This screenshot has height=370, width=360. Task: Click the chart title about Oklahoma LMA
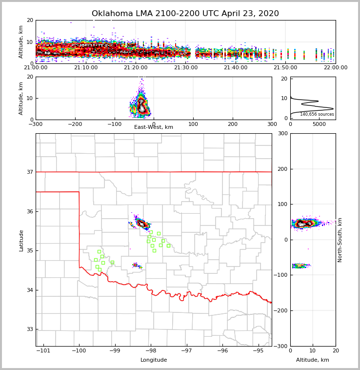[x=185, y=14]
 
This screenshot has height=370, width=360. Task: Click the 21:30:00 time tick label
[x=186, y=68]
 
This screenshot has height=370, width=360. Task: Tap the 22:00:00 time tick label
[x=336, y=68]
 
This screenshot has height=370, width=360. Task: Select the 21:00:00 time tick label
[x=36, y=68]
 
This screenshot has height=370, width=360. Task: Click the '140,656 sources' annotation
[x=317, y=114]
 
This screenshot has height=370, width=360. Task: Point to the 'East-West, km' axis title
[x=154, y=127]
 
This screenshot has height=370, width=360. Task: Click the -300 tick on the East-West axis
[x=36, y=124]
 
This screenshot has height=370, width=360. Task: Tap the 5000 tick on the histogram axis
[x=319, y=124]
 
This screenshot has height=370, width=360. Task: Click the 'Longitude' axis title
[x=154, y=360]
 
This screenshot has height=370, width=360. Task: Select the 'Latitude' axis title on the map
[x=21, y=240]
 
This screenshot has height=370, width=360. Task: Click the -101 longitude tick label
[x=43, y=351]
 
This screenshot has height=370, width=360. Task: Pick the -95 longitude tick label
[x=259, y=351]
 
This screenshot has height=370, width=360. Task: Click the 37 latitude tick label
[x=30, y=172]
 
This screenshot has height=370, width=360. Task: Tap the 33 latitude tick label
[x=30, y=329]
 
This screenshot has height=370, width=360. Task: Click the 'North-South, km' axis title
[x=340, y=240]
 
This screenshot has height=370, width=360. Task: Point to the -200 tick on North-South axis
[x=281, y=311]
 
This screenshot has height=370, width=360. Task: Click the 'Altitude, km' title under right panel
[x=313, y=360]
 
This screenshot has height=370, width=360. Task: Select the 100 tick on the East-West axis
[x=193, y=124]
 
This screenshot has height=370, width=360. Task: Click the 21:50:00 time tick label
[x=286, y=68]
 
